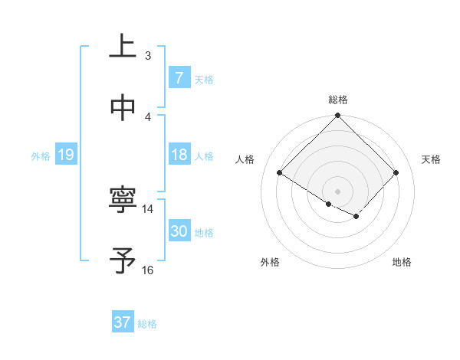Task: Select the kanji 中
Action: pyautogui.click(x=123, y=109)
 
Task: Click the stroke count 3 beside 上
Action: pyautogui.click(x=148, y=55)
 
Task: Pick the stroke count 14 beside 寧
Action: pyautogui.click(x=148, y=208)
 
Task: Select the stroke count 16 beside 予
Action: pyautogui.click(x=148, y=270)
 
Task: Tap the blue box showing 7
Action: pyautogui.click(x=179, y=78)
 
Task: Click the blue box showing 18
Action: pyautogui.click(x=179, y=155)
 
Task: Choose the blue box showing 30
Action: pyautogui.click(x=179, y=231)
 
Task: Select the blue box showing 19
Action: pyautogui.click(x=65, y=155)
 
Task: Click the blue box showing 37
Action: pyautogui.click(x=122, y=322)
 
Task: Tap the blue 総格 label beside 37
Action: pyautogui.click(x=147, y=324)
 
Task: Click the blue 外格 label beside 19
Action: pyautogui.click(x=41, y=156)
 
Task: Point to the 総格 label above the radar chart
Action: pyautogui.click(x=337, y=100)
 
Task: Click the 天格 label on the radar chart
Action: pyautogui.click(x=431, y=159)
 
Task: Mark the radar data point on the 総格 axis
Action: pyautogui.click(x=337, y=116)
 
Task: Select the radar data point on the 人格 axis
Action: pyautogui.click(x=280, y=172)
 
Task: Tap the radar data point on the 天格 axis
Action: pyautogui.click(x=396, y=172)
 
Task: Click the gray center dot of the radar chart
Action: pyautogui.click(x=337, y=191)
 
